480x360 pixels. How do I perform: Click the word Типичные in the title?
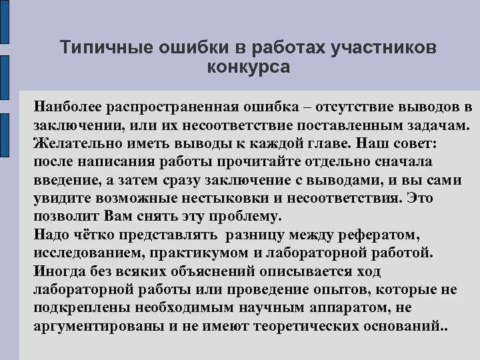[100, 48]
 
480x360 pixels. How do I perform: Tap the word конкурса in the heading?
[249, 67]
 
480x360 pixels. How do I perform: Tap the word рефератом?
[376, 235]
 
